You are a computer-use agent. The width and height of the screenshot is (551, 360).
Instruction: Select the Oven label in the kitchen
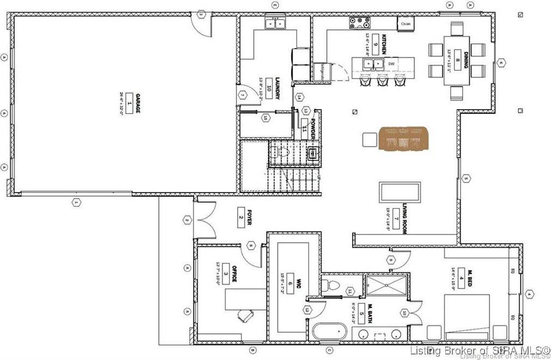[x=405, y=24]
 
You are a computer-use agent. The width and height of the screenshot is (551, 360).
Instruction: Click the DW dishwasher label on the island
[x=391, y=64]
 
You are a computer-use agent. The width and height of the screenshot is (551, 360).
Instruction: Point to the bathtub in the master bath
[x=330, y=332]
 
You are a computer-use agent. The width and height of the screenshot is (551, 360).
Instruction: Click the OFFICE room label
[x=234, y=274]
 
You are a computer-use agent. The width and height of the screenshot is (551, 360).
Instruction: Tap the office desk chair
[x=245, y=315]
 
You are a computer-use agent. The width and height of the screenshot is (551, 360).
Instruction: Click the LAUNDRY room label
[x=277, y=88]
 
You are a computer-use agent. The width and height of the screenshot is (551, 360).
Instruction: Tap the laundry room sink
[x=274, y=23]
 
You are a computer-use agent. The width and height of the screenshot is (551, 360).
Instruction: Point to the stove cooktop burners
[x=360, y=22]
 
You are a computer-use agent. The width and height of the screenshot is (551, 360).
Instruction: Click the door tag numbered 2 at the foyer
[x=186, y=220]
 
